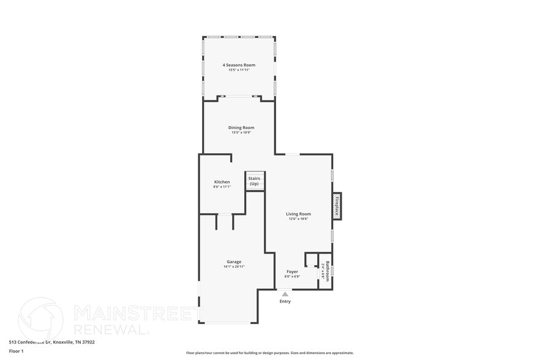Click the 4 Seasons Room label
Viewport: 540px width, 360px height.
[x=239, y=65]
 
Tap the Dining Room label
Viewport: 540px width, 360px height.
[x=241, y=127]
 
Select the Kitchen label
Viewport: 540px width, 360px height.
[x=222, y=182]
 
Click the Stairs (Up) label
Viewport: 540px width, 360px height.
[x=254, y=181]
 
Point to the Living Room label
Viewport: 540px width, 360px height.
[x=298, y=214]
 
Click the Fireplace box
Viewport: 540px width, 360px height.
[x=336, y=206]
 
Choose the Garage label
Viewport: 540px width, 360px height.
[x=234, y=261]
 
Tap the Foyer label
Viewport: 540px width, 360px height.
[x=292, y=271]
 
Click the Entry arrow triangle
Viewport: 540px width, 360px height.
[x=285, y=294]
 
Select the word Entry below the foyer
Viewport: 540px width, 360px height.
[x=285, y=301]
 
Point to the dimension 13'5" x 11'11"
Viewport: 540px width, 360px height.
[x=239, y=70]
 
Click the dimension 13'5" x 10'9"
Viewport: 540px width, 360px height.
[x=241, y=132]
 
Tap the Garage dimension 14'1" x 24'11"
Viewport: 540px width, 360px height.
[x=234, y=266]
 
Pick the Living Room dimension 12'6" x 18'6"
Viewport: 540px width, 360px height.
[x=298, y=219]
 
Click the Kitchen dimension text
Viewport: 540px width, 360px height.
[x=222, y=187]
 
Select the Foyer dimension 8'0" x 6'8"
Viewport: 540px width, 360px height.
[x=292, y=276]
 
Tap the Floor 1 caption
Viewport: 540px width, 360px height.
[x=16, y=351]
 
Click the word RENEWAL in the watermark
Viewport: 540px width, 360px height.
[x=111, y=329]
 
